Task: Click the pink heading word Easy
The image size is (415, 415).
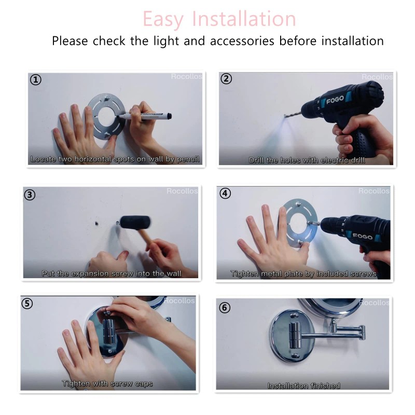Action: (163, 19)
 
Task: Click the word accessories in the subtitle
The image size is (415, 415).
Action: (242, 41)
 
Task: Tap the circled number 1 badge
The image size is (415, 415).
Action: (35, 80)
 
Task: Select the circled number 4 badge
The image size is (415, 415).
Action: (225, 193)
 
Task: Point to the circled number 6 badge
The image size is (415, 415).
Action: (225, 308)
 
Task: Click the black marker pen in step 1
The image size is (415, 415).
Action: (145, 116)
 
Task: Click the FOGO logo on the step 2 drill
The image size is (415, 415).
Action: (335, 100)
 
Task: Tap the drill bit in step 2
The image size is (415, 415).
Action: (293, 114)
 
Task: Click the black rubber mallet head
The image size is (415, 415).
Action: (135, 222)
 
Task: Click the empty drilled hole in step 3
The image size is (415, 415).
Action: (96, 224)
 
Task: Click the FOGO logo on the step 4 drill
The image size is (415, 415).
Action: (362, 236)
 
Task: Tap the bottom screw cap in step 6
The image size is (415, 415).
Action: (294, 356)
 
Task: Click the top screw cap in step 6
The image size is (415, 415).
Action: (293, 315)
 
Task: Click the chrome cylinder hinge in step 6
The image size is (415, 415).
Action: (295, 335)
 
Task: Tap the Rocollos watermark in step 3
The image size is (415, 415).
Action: (182, 191)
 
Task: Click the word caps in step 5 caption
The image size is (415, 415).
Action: (144, 384)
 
